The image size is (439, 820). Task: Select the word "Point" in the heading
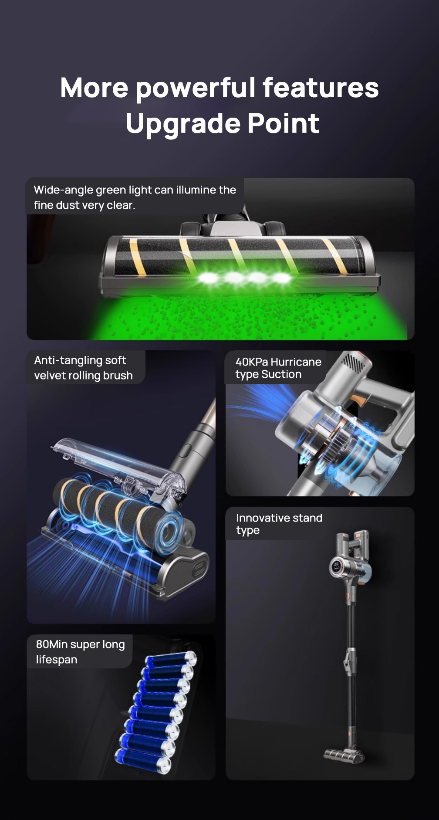(283, 123)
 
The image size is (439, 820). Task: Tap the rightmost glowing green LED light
(282, 278)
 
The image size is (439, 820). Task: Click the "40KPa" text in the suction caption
(252, 362)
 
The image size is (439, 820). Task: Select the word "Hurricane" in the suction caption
(296, 362)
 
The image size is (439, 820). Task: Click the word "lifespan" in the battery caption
(57, 660)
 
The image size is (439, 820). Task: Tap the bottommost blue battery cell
(143, 761)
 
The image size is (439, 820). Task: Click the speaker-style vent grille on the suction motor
(353, 363)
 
